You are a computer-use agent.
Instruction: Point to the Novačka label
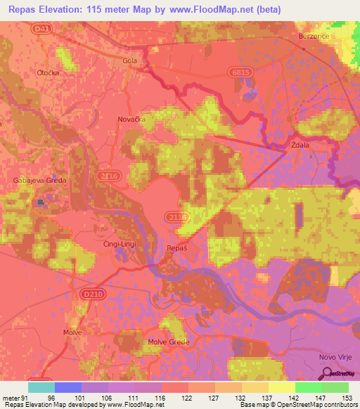[x=131, y=120]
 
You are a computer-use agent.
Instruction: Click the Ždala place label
[x=302, y=145]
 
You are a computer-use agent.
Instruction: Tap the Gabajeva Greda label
[x=39, y=181]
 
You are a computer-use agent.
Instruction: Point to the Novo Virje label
[x=335, y=357]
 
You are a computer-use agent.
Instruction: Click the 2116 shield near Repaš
[x=179, y=218]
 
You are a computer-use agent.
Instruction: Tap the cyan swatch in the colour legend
[x=41, y=387]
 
